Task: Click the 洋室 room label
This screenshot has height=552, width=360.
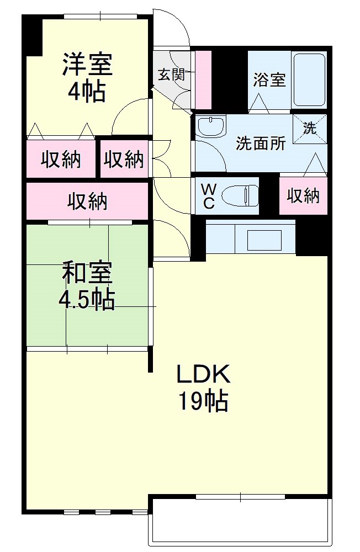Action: (x=87, y=65)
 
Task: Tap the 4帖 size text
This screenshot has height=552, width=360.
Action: (x=87, y=92)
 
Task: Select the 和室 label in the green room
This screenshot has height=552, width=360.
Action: (x=87, y=272)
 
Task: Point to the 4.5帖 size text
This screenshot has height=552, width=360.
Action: (x=87, y=299)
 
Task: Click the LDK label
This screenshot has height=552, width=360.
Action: (x=203, y=375)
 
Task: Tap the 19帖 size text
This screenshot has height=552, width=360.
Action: (x=203, y=401)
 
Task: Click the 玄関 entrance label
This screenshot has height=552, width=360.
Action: (x=171, y=75)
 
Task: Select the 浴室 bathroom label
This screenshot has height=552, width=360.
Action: (x=269, y=80)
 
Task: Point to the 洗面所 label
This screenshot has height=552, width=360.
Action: (x=261, y=144)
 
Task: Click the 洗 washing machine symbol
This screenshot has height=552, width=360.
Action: (x=309, y=129)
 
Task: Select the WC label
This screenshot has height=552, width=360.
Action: (x=209, y=195)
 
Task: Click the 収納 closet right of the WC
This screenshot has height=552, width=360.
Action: (x=303, y=195)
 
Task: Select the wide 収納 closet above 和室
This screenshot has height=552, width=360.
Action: (x=87, y=201)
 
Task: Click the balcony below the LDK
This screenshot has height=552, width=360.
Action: (x=241, y=522)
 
